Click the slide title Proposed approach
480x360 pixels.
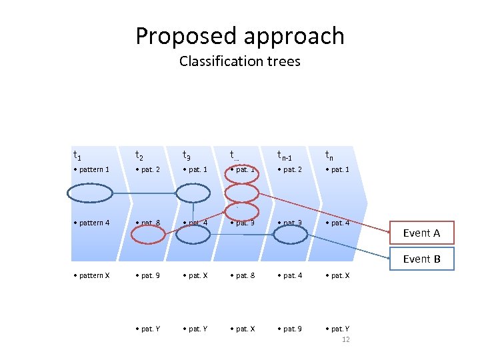coord(240,36)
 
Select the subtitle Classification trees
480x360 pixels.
coord(240,61)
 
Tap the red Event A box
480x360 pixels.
coord(421,233)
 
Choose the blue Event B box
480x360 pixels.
coord(421,259)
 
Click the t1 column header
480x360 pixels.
coord(77,155)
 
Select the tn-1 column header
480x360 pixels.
coord(285,156)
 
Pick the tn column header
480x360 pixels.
coord(329,155)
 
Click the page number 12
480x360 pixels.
coord(345,339)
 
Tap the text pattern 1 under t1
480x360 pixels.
coord(91,169)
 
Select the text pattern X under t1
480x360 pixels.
coord(91,275)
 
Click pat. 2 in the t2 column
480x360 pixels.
coord(147,169)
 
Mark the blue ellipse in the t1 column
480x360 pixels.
coord(90,193)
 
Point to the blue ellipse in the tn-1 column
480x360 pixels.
coord(291,234)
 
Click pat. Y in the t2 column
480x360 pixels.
coord(147,329)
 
